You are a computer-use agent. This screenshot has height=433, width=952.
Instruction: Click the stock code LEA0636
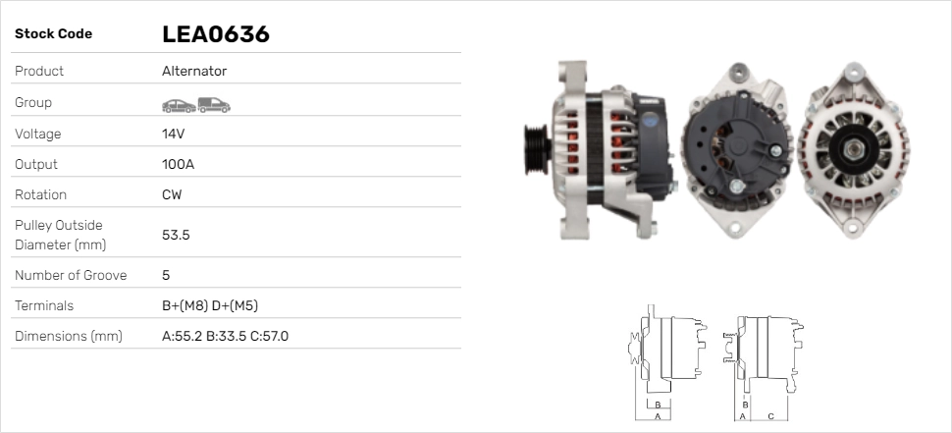click(215, 34)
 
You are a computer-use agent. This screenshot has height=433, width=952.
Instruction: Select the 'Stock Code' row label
click(53, 34)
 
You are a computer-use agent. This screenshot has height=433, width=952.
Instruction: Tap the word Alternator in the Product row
click(194, 72)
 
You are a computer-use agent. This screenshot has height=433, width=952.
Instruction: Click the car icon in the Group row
click(178, 104)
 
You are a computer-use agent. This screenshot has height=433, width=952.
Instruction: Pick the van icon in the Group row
click(213, 104)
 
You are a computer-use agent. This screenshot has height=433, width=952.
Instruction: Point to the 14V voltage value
click(174, 134)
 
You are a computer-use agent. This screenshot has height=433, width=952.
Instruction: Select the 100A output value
click(178, 164)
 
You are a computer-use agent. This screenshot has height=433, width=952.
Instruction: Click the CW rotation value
click(172, 194)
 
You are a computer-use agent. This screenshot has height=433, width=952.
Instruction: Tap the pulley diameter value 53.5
click(176, 235)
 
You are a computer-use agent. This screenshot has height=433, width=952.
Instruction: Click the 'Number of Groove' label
click(71, 276)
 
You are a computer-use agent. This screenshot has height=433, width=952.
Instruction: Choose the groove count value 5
click(166, 276)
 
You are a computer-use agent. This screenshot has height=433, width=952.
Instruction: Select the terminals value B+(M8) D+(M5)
click(209, 305)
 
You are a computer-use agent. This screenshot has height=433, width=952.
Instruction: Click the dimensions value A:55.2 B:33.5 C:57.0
click(225, 337)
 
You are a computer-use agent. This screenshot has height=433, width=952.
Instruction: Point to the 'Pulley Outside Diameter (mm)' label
click(59, 235)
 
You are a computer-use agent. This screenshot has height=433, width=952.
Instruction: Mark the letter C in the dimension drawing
click(771, 416)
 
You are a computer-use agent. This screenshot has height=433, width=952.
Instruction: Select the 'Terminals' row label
click(44, 305)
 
